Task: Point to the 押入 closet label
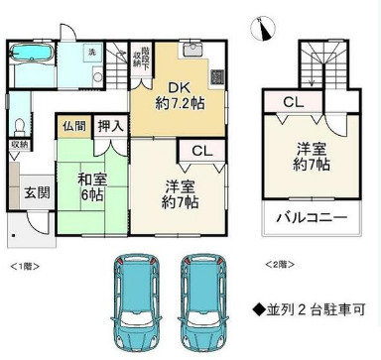[x=111, y=126]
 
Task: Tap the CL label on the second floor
[x=295, y=102]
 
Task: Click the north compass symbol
[x=260, y=27]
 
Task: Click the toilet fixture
[x=21, y=125]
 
